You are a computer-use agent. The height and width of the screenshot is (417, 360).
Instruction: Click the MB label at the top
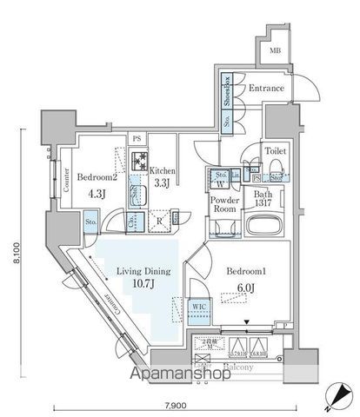pyautogui.click(x=275, y=50)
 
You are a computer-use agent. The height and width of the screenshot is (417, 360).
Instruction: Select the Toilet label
pyautogui.click(x=276, y=149)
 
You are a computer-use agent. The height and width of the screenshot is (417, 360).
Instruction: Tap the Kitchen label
pyautogui.click(x=163, y=170)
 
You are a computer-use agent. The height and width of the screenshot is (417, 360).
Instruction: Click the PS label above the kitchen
pyautogui.click(x=137, y=138)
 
